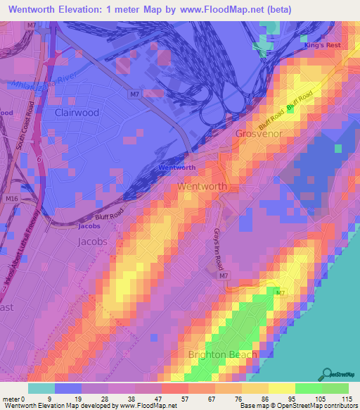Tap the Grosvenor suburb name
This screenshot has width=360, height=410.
click(258, 133)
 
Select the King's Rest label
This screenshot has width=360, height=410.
click(321, 45)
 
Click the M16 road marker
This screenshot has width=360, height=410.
click(12, 199)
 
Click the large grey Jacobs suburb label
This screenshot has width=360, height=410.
click(91, 241)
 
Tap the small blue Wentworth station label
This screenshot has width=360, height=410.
click(176, 168)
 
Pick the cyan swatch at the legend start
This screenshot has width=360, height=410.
click(41, 387)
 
